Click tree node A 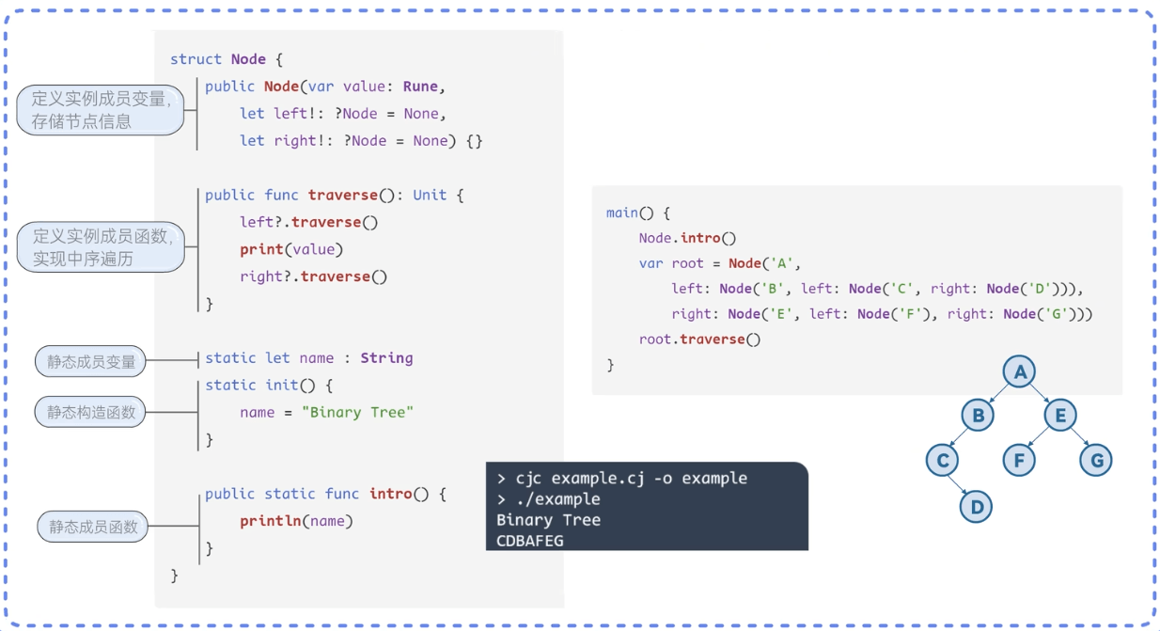pyautogui.click(x=1019, y=372)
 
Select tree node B pyautogui.click(x=978, y=415)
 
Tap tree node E pyautogui.click(x=1060, y=415)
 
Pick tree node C pyautogui.click(x=942, y=460)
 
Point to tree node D pyautogui.click(x=977, y=507)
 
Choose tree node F pyautogui.click(x=1019, y=460)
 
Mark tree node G pyautogui.click(x=1096, y=460)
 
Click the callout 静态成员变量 pyautogui.click(x=91, y=361)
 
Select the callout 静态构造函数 pyautogui.click(x=91, y=412)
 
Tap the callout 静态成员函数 pyautogui.click(x=93, y=527)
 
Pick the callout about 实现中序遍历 pyautogui.click(x=101, y=247)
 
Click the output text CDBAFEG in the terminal pyautogui.click(x=530, y=541)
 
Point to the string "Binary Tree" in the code pyautogui.click(x=357, y=412)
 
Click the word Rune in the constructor pyautogui.click(x=420, y=87)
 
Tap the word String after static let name pyautogui.click(x=386, y=357)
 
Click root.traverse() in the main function pyautogui.click(x=699, y=339)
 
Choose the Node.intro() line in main pyautogui.click(x=687, y=238)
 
